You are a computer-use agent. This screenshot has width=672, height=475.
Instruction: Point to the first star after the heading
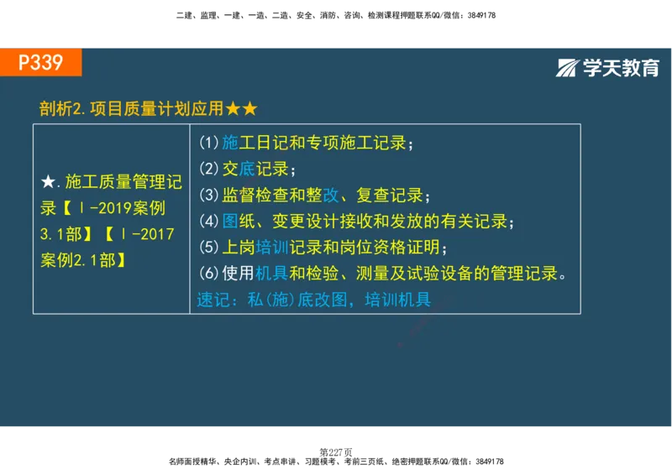[233, 109]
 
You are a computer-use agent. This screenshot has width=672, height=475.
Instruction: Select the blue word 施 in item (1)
[230, 142]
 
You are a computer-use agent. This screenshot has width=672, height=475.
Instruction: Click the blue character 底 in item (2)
[247, 169]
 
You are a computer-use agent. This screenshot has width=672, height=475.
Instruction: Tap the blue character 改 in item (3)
[331, 196]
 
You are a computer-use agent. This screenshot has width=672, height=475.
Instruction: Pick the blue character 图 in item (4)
[230, 222]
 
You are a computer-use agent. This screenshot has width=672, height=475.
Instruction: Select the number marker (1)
[208, 142]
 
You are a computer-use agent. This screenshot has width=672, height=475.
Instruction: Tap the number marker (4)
[208, 222]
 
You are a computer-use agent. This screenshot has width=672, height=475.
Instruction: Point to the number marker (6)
[208, 274]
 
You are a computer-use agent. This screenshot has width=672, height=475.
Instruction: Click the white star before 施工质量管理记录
[48, 182]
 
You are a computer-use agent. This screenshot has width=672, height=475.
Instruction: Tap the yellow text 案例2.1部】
[83, 260]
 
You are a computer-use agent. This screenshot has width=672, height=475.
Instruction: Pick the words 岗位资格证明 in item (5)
[390, 248]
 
